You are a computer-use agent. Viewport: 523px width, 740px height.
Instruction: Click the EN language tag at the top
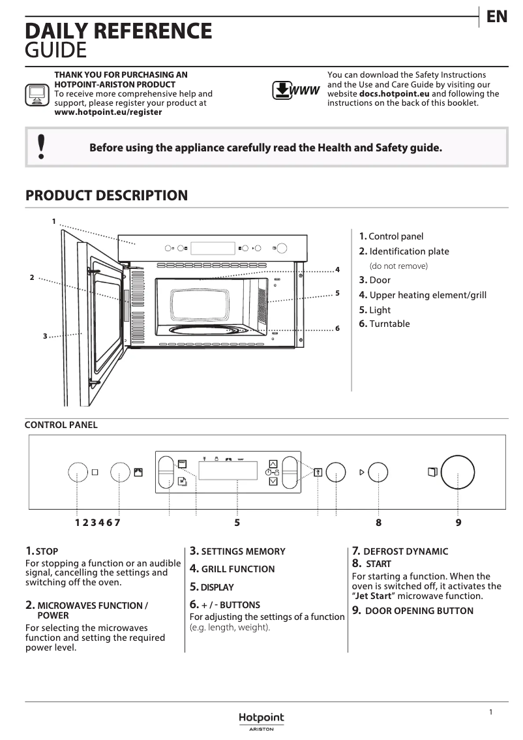click(x=497, y=17)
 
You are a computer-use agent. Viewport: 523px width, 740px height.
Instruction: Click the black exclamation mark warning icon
click(x=41, y=147)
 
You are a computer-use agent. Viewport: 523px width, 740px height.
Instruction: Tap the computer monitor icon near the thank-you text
click(x=37, y=95)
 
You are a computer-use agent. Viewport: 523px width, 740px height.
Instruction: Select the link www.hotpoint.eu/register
click(x=108, y=112)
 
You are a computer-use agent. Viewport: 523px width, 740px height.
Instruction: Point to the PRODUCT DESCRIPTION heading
click(x=106, y=196)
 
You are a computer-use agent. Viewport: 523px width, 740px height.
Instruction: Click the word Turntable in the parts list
click(x=389, y=324)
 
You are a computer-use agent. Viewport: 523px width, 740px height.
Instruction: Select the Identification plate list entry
click(x=409, y=251)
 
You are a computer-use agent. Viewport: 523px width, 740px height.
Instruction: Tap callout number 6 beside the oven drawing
click(x=337, y=328)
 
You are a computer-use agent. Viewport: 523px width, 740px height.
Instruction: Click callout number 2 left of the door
click(x=31, y=278)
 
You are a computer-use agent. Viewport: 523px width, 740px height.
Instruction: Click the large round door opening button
click(x=458, y=472)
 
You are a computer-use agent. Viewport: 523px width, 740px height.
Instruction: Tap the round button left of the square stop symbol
click(x=78, y=472)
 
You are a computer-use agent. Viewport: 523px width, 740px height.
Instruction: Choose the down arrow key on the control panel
click(x=273, y=482)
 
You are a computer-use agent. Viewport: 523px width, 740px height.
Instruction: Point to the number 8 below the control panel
click(x=378, y=522)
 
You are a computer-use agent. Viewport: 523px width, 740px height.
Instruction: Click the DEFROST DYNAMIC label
click(x=406, y=551)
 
